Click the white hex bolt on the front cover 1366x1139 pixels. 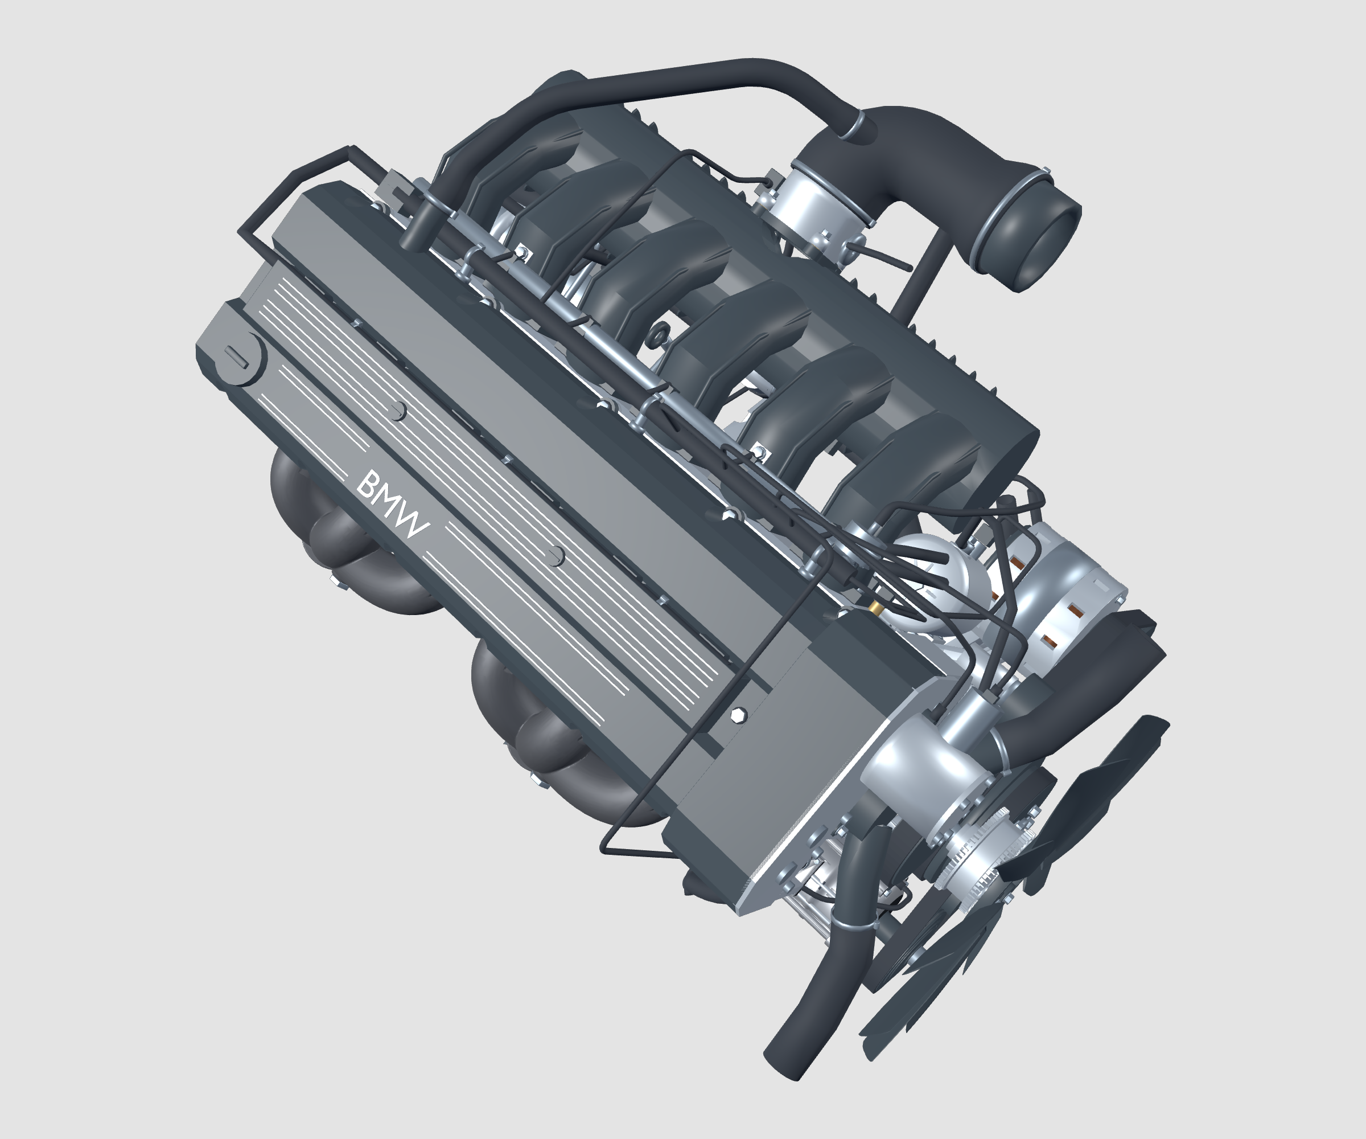coord(738,715)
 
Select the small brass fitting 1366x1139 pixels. coord(875,607)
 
